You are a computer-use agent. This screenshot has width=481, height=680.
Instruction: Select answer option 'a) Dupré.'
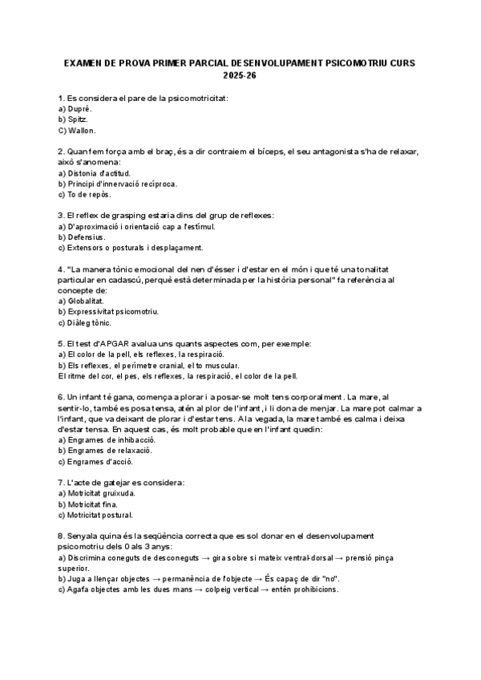[x=76, y=107]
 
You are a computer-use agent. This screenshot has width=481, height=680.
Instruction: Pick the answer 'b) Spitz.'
[x=74, y=119]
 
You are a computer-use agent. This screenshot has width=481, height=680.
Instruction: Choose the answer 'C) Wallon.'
[x=77, y=130]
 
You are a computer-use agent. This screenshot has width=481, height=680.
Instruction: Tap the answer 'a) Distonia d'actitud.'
[x=95, y=172]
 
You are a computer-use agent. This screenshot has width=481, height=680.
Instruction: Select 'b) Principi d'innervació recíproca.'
[x=118, y=184]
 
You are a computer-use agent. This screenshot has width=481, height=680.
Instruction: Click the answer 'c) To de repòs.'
[x=85, y=194]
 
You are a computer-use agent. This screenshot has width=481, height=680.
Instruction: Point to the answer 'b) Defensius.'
[x=82, y=237]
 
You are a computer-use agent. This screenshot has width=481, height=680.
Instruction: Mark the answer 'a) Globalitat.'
[x=81, y=301]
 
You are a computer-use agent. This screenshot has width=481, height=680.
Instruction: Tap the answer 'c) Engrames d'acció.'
[x=96, y=462]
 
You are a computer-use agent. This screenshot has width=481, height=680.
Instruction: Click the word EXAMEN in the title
[x=81, y=63]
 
